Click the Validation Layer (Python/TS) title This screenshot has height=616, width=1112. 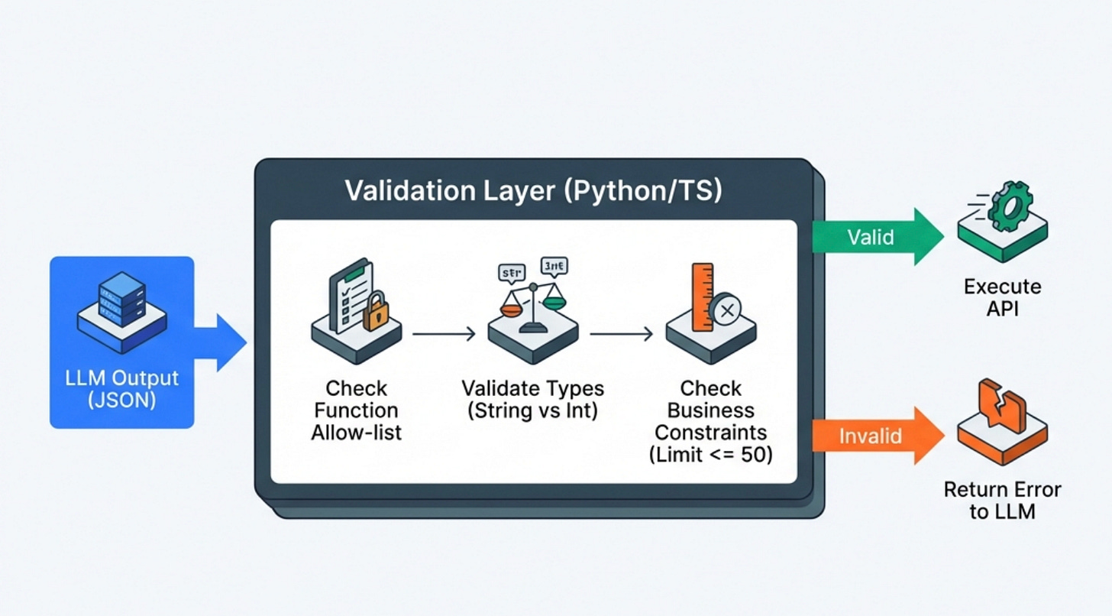click(533, 190)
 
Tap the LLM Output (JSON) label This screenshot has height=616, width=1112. click(122, 388)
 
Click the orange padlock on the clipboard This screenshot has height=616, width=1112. click(375, 314)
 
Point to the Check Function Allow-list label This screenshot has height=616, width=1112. click(356, 410)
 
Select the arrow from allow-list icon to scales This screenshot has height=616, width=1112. click(444, 334)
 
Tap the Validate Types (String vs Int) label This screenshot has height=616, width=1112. click(533, 399)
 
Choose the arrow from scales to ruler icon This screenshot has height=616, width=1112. click(621, 334)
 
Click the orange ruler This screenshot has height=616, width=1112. click(702, 297)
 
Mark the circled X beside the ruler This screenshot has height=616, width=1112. click(725, 310)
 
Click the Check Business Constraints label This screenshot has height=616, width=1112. click(710, 421)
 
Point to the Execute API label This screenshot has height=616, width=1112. click(1002, 298)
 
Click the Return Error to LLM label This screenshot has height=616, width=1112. click(1002, 500)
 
